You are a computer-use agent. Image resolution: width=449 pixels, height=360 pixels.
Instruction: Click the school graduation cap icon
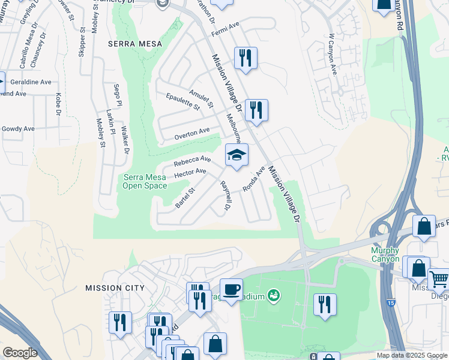pyautogui.click(x=237, y=155)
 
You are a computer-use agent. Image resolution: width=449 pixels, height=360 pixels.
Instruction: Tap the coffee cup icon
pyautogui.click(x=231, y=289)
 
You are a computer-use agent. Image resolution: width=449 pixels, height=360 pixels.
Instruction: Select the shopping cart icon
pyautogui.click(x=439, y=279)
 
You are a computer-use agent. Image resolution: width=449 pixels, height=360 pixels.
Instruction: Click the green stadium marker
pyautogui.click(x=274, y=295)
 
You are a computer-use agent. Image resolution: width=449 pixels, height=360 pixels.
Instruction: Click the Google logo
pyautogui.click(x=20, y=353)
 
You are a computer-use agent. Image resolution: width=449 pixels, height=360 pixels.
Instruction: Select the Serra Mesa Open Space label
pyautogui.click(x=145, y=181)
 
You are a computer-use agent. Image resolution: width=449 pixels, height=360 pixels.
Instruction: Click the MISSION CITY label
pyautogui.click(x=115, y=288)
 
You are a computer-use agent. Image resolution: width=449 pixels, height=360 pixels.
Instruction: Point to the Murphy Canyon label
pyautogui.click(x=385, y=254)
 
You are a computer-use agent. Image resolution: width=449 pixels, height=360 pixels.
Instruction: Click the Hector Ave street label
pyautogui.click(x=190, y=174)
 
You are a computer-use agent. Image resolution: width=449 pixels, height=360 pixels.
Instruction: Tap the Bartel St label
pyautogui.click(x=185, y=198)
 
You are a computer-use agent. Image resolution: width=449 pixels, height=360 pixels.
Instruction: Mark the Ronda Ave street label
pyautogui.click(x=253, y=179)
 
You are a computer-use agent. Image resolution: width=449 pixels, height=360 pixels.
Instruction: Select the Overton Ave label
pyautogui.click(x=192, y=133)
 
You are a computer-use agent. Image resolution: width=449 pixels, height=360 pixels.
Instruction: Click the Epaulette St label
pyautogui.click(x=182, y=101)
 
